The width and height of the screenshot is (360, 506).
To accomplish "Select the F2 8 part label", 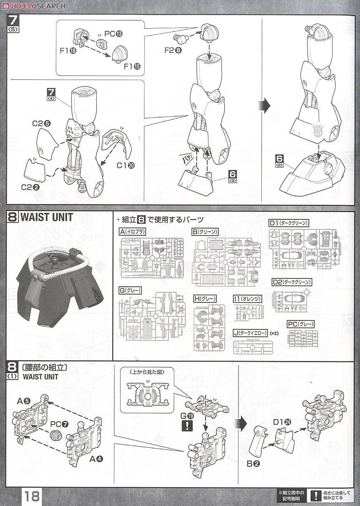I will coord(173,50).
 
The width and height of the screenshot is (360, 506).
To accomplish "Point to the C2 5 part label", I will coord(42,124).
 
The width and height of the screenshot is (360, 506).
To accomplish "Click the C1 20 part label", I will coord(125,165).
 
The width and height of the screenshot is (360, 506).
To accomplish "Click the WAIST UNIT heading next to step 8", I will coord(46,218).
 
